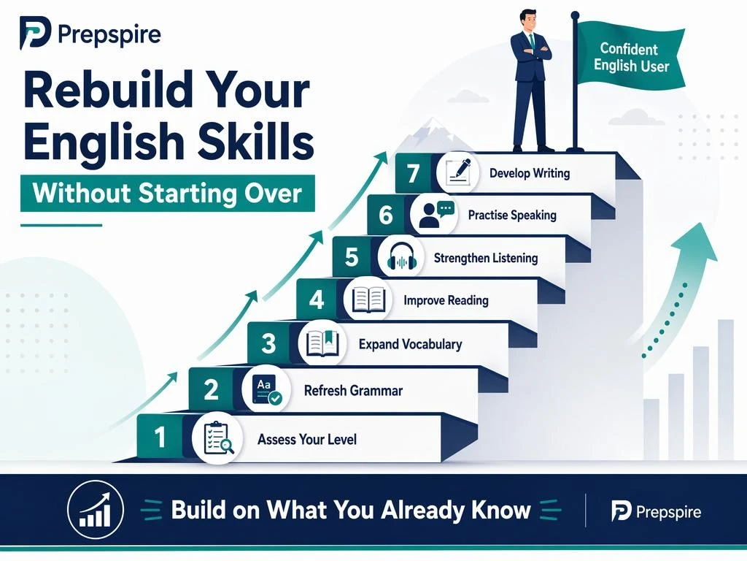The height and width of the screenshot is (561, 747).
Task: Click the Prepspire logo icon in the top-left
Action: [x=35, y=32]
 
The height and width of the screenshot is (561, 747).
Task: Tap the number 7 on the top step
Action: [x=413, y=173]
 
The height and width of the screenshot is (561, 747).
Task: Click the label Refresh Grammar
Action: [x=353, y=391]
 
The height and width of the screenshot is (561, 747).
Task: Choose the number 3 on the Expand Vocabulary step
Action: [x=268, y=343]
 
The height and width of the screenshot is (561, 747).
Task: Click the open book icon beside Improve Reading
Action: [x=368, y=299]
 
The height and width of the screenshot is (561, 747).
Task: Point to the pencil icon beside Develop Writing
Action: [x=458, y=172]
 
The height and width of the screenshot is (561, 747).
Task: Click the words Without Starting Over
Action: [x=167, y=193]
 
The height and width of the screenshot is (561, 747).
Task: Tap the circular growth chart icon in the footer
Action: [x=96, y=509]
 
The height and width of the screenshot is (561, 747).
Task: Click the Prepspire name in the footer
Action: [x=668, y=512]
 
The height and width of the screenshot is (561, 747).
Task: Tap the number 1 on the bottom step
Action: [x=160, y=437]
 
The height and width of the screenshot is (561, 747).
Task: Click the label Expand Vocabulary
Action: [x=410, y=344]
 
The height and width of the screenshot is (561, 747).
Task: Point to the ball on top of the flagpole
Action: [x=575, y=16]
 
